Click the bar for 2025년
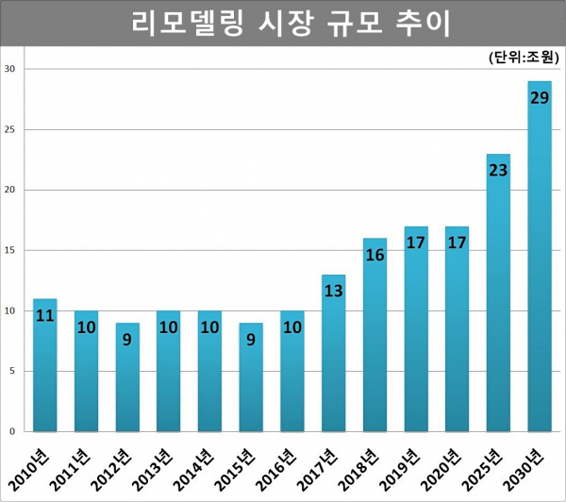point(498,293)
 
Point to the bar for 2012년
point(127,377)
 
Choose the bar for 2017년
point(333,353)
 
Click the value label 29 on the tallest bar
point(540,96)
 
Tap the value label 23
point(498,170)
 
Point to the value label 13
point(333,291)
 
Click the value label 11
point(45,315)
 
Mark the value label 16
point(375,255)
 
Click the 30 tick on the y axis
point(9,69)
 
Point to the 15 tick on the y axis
point(9,250)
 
